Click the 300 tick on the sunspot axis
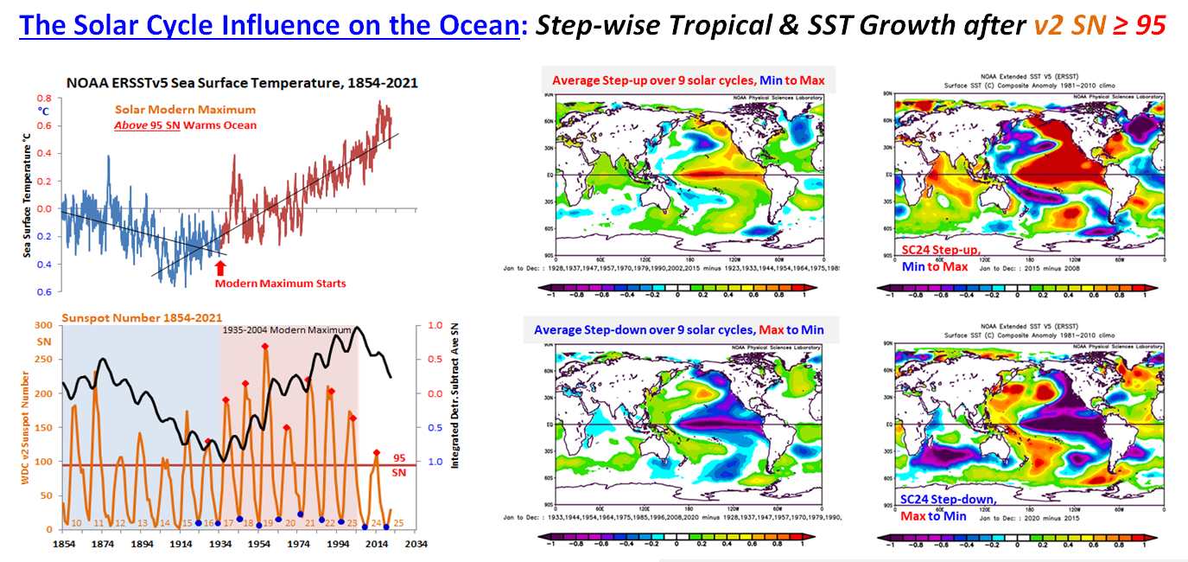tap(42, 325)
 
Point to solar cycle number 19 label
tap(268, 523)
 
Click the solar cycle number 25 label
tap(398, 523)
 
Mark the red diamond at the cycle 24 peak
tap(376, 452)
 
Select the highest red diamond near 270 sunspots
tap(265, 347)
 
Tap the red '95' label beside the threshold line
tap(399, 458)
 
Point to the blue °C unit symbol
tap(43, 111)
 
